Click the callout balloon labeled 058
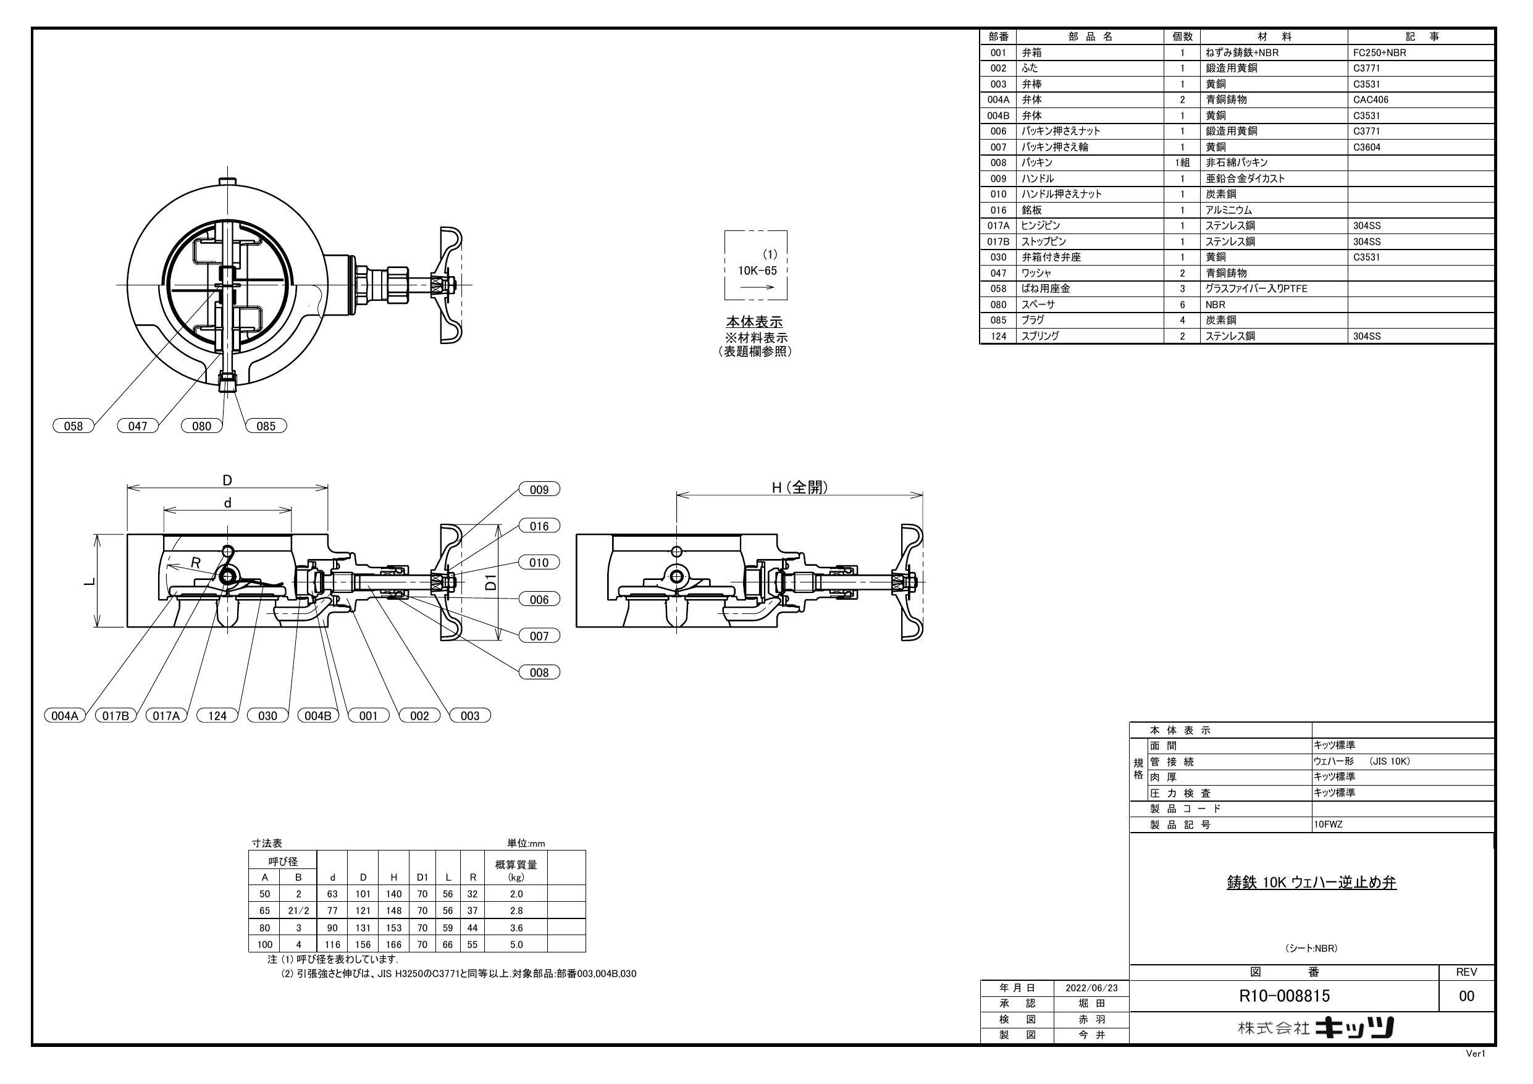point(73,426)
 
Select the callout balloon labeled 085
point(266,426)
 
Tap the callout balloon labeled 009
point(539,490)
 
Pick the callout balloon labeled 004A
point(65,716)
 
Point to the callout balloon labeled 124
point(217,716)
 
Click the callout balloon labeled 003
point(469,716)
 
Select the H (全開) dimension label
point(799,487)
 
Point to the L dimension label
point(89,581)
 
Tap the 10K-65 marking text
point(757,271)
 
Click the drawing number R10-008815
point(1284,996)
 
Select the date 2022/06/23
point(1091,988)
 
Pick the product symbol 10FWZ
point(1328,825)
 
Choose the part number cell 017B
point(998,242)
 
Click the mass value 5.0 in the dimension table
point(516,944)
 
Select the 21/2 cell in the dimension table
point(298,910)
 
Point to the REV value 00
point(1466,996)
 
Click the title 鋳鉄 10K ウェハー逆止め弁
point(1311,882)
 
